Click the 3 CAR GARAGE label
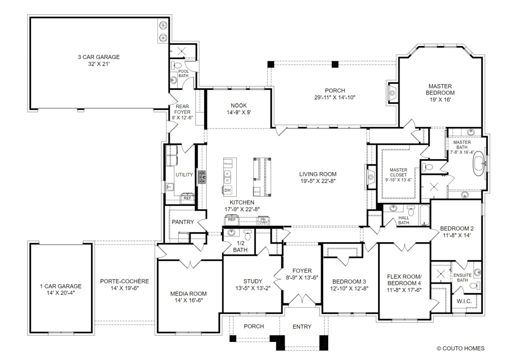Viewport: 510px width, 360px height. (x=99, y=57)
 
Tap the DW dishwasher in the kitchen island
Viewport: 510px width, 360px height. (x=227, y=190)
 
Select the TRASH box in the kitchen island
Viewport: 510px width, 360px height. (x=228, y=164)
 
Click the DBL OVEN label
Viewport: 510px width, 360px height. (x=263, y=221)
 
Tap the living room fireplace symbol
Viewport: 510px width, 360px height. (x=370, y=177)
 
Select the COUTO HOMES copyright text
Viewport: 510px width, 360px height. (x=461, y=348)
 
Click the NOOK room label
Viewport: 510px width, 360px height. (x=239, y=105)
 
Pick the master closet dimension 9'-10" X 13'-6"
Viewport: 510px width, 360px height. (x=398, y=180)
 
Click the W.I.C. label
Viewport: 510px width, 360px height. (x=464, y=301)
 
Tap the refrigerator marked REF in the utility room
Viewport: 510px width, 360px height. (x=187, y=197)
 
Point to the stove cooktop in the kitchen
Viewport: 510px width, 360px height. (x=202, y=177)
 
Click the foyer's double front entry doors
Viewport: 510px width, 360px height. (x=302, y=299)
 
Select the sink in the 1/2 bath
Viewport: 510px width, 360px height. (x=231, y=232)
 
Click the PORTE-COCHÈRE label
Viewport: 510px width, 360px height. (x=125, y=281)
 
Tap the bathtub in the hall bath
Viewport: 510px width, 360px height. (x=425, y=215)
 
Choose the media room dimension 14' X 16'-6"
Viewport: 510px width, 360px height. (x=189, y=300)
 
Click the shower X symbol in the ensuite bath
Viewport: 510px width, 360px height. (x=441, y=274)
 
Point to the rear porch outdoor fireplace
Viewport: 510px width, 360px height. (x=392, y=93)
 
